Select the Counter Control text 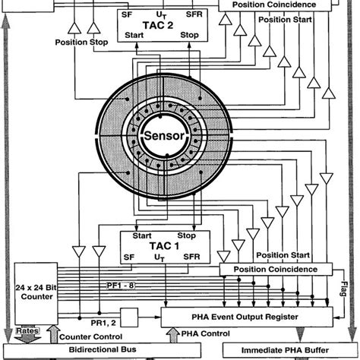tap(94, 334)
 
